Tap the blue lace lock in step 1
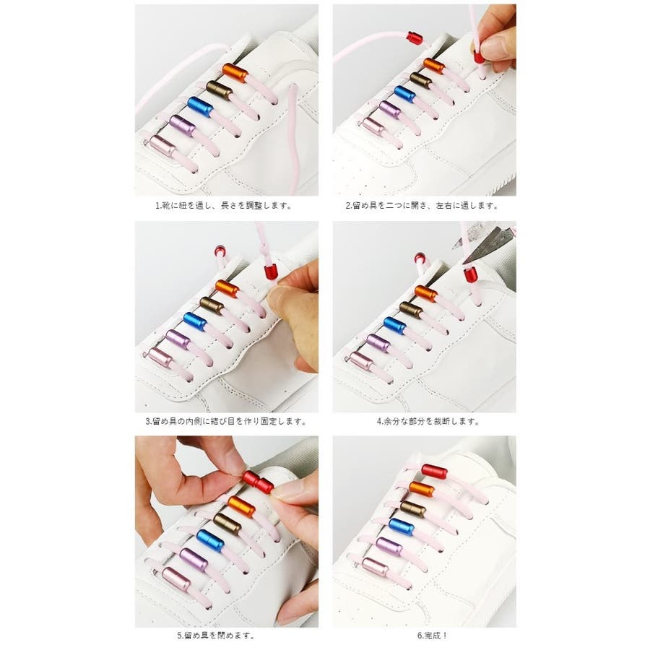coord(200,107)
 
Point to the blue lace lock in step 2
coord(404,94)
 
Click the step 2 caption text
coord(422,205)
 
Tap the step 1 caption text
coord(224,205)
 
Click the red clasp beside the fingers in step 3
coord(271,272)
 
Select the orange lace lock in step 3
coord(227,288)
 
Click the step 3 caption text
coord(226,422)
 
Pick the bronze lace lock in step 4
coord(410,310)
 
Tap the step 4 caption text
coord(428,422)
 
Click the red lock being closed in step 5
coord(258,482)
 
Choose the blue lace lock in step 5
coord(210,540)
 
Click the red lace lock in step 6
coord(434,471)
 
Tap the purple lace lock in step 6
coord(389,546)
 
